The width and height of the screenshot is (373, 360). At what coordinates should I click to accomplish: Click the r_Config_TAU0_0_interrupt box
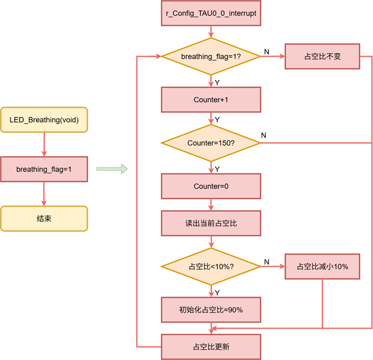pyautogui.click(x=211, y=12)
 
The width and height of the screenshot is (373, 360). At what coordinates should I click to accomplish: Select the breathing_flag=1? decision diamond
pyautogui.click(x=211, y=56)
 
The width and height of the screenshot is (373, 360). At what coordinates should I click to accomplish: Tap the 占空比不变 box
pyautogui.click(x=322, y=56)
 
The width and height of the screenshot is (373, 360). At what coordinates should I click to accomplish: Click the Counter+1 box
pyautogui.click(x=211, y=99)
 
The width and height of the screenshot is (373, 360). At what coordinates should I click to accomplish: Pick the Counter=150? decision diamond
pyautogui.click(x=211, y=143)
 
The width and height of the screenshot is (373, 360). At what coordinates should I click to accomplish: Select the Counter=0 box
pyautogui.click(x=211, y=186)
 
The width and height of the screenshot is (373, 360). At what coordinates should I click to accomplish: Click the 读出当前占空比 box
pyautogui.click(x=211, y=223)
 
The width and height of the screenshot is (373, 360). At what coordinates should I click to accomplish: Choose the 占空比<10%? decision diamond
pyautogui.click(x=211, y=266)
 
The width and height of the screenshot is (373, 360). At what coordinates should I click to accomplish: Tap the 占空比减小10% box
pyautogui.click(x=322, y=266)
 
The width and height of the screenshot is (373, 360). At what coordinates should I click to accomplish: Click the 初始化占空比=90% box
pyautogui.click(x=211, y=309)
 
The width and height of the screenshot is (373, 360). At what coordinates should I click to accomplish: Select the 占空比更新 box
pyautogui.click(x=211, y=347)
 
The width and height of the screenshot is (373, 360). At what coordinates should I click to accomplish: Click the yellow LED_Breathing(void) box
pyautogui.click(x=44, y=120)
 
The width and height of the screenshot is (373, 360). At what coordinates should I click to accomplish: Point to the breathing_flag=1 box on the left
pyautogui.click(x=44, y=169)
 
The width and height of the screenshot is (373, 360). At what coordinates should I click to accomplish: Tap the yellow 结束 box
pyautogui.click(x=44, y=218)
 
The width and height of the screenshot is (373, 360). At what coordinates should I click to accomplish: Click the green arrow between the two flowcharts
pyautogui.click(x=112, y=168)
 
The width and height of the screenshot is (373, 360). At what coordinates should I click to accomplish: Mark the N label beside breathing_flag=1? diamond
pyautogui.click(x=266, y=52)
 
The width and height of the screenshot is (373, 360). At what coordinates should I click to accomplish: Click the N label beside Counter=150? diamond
pyautogui.click(x=264, y=135)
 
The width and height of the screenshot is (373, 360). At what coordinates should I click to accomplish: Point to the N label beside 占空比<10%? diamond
pyautogui.click(x=266, y=262)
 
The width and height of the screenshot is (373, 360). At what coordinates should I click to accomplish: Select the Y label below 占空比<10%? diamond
pyautogui.click(x=217, y=292)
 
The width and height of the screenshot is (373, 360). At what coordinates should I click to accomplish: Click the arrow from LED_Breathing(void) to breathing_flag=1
pyautogui.click(x=44, y=144)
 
